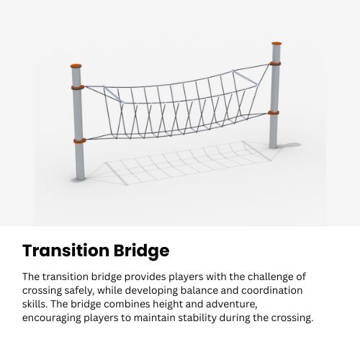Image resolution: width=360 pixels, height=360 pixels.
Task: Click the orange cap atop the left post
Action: click(x=76, y=65)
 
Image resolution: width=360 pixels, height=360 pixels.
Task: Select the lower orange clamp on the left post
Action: click(x=78, y=140)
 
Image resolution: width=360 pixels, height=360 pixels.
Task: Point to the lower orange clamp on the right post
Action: click(x=274, y=112)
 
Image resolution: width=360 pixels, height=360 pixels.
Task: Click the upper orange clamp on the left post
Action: click(x=78, y=88)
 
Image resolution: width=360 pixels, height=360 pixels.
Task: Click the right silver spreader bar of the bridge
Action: click(x=244, y=75)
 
